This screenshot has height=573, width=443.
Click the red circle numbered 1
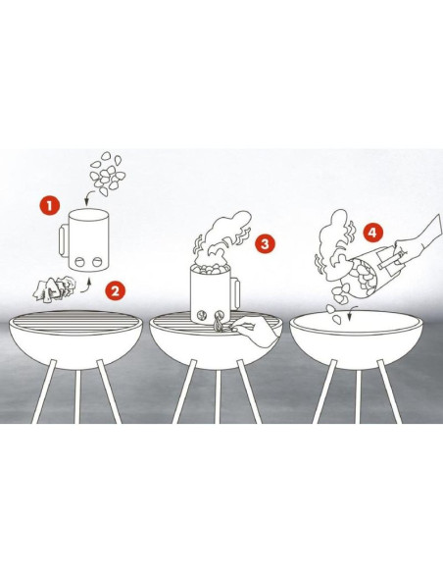[x=50, y=205]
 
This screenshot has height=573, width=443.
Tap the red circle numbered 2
[x=115, y=291]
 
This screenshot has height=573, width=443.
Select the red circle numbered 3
[x=265, y=243]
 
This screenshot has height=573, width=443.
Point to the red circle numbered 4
[x=372, y=233]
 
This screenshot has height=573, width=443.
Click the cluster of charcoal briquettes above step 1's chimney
[x=108, y=174]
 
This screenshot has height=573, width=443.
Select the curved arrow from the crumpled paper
[x=86, y=287]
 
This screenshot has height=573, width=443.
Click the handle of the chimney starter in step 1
[x=64, y=240]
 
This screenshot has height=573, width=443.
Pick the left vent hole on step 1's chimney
[x=79, y=262]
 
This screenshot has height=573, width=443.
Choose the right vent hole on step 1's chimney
[x=97, y=262]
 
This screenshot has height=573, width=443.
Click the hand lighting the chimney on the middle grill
[x=256, y=330]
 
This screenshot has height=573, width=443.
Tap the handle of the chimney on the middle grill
[x=235, y=292]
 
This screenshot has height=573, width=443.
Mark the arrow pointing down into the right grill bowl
[x=350, y=314]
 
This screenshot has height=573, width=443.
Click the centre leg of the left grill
[x=77, y=396]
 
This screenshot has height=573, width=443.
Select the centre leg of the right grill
[x=358, y=396]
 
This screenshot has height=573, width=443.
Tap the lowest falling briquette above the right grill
[x=337, y=320]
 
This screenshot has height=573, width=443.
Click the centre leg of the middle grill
[x=218, y=396]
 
